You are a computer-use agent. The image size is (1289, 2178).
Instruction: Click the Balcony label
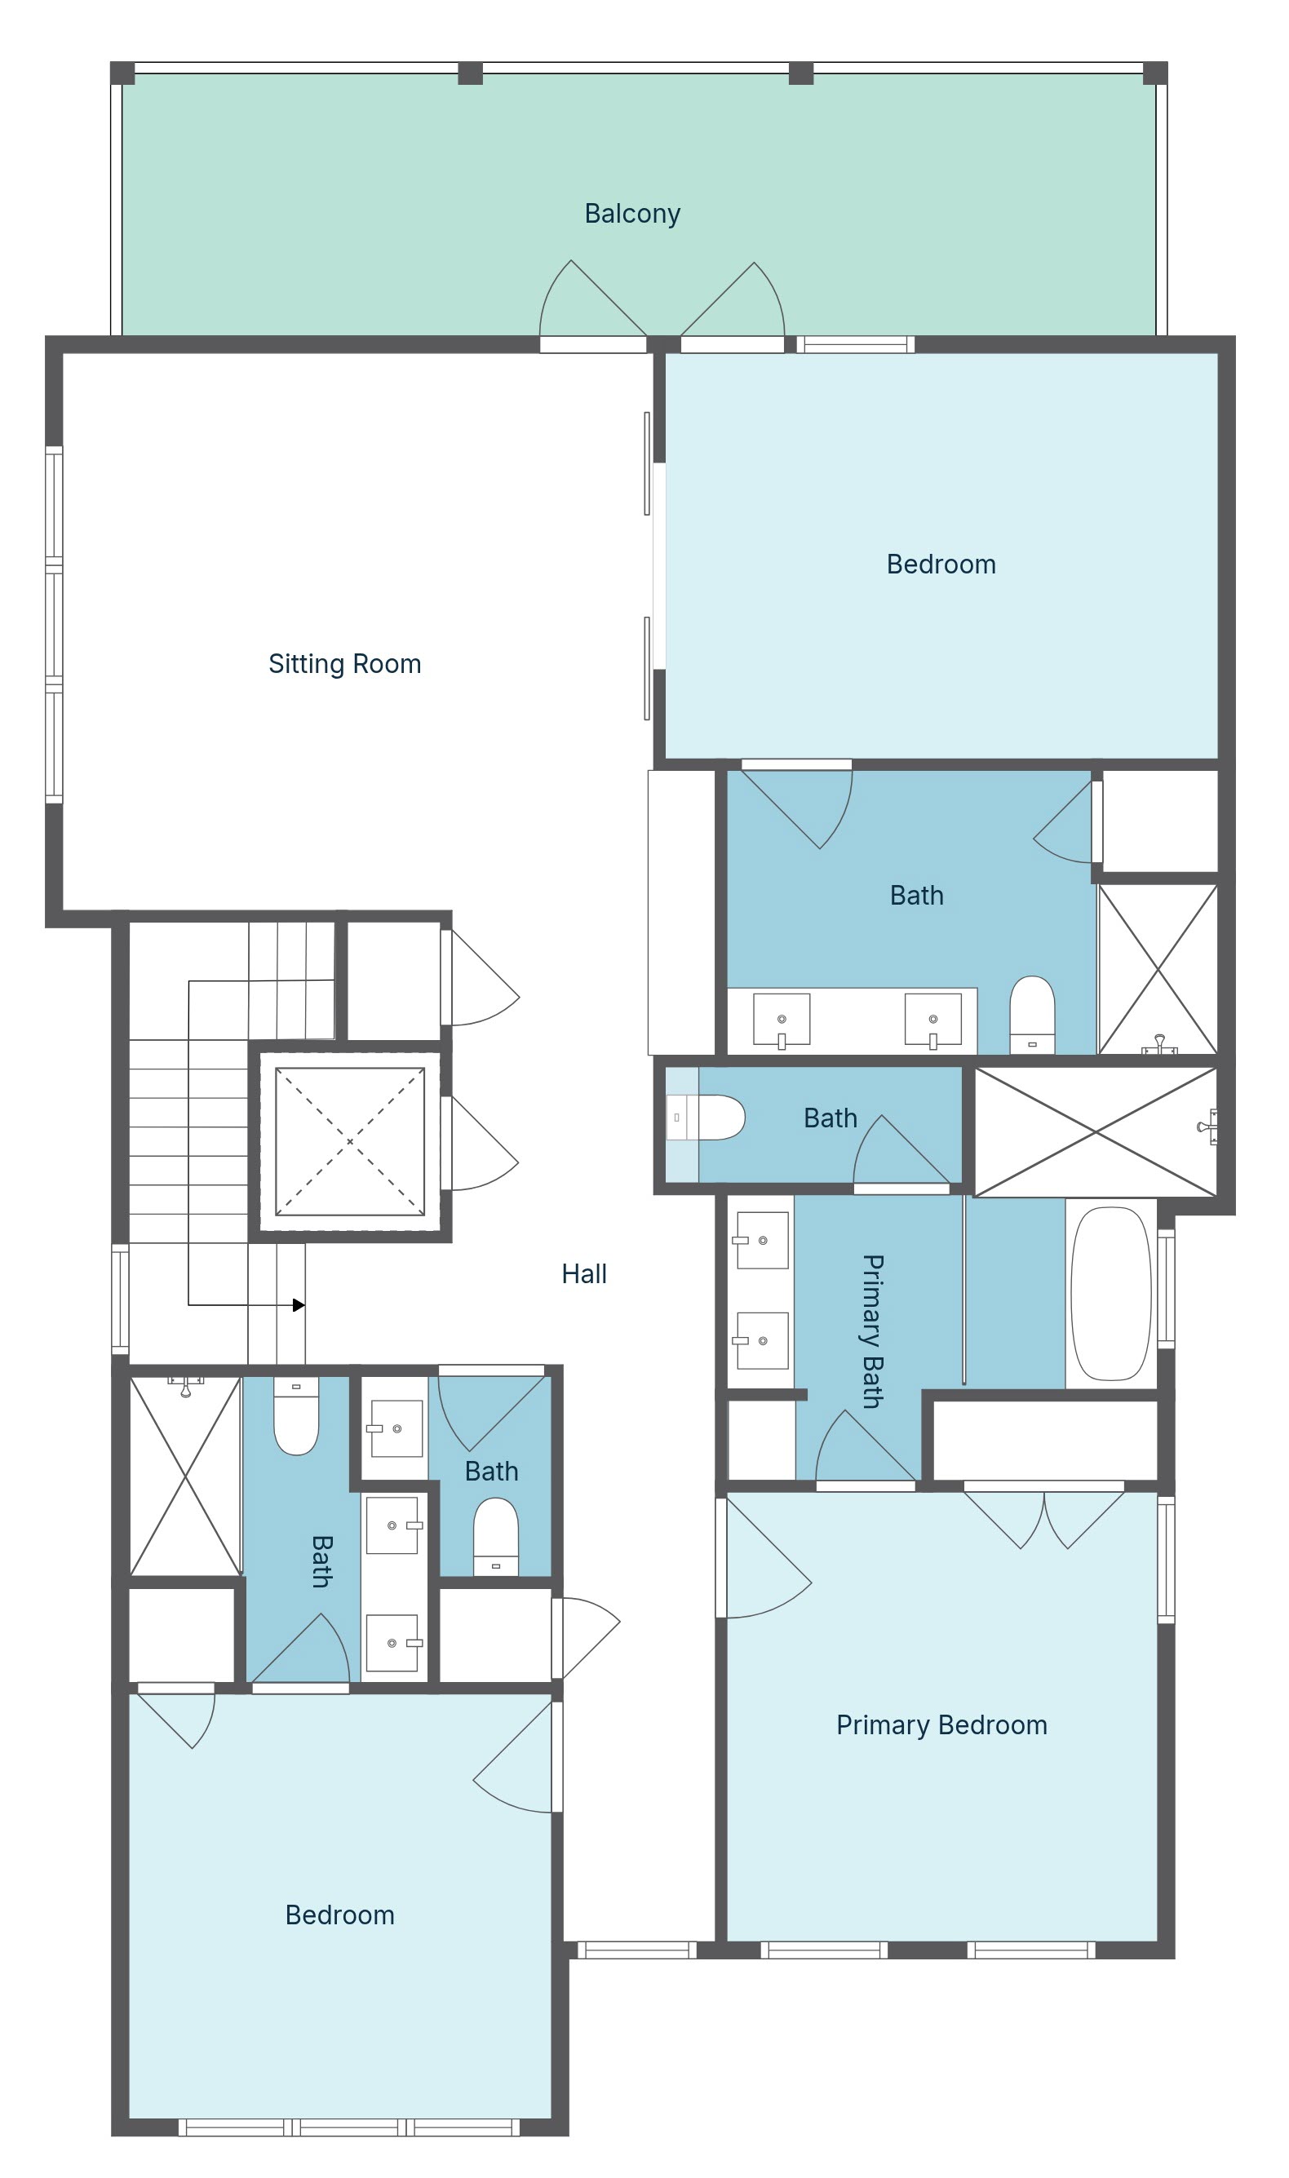point(631,214)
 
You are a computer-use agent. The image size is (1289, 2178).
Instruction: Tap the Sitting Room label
point(345,664)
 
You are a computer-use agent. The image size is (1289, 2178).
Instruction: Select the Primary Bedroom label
point(941,1725)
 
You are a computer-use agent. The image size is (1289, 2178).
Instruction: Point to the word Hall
point(583,1274)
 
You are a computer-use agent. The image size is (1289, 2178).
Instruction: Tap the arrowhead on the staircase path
point(299,1304)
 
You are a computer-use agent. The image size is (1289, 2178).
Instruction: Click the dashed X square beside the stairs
point(350,1141)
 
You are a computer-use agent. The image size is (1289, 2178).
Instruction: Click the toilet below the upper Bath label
point(1032,1016)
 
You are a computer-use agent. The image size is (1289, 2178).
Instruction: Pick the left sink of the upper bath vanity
point(782,1020)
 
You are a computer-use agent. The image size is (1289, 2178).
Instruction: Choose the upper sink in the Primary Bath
point(762,1240)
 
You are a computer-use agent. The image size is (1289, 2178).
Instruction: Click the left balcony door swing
point(593,299)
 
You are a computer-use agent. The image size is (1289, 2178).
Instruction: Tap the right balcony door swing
point(733,299)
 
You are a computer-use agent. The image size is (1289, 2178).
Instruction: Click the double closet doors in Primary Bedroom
point(1044,1520)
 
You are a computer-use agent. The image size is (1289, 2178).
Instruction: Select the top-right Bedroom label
point(941,564)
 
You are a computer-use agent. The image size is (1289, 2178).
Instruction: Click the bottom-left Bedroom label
point(339,1915)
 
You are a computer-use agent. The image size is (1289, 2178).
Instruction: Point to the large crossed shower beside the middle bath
point(1096,1131)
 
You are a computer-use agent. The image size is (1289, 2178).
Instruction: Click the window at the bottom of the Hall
point(637,1950)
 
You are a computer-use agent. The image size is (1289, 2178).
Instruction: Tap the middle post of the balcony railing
point(470,73)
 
